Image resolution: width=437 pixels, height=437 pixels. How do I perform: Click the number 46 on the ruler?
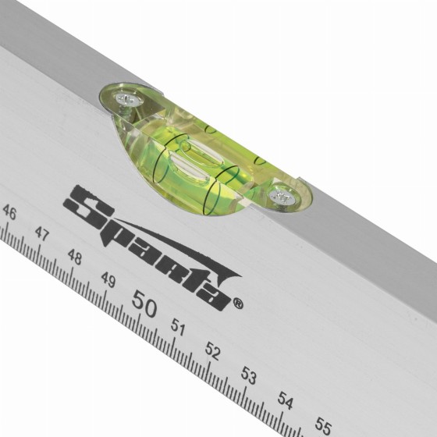click(9, 213)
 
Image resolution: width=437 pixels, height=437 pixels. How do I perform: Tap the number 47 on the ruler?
click(42, 234)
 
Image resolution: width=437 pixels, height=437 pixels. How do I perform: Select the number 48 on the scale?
click(75, 257)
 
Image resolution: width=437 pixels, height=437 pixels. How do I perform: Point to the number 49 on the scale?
click(108, 279)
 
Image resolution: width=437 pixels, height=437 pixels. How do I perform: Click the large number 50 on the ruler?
click(144, 304)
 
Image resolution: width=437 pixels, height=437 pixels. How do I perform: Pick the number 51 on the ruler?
click(178, 327)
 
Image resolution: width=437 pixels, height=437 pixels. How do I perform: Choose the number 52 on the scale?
click(212, 351)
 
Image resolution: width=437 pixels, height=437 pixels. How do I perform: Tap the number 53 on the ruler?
click(248, 375)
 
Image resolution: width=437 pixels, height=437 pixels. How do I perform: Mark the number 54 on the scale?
click(286, 400)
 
